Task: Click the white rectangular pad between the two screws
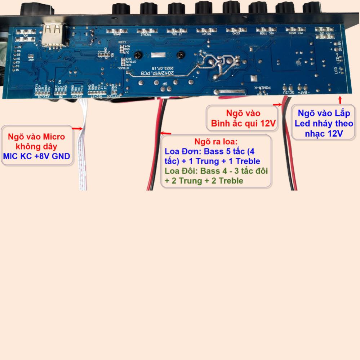pyautogui.click(x=157, y=55)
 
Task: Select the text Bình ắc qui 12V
pyautogui.click(x=243, y=124)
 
